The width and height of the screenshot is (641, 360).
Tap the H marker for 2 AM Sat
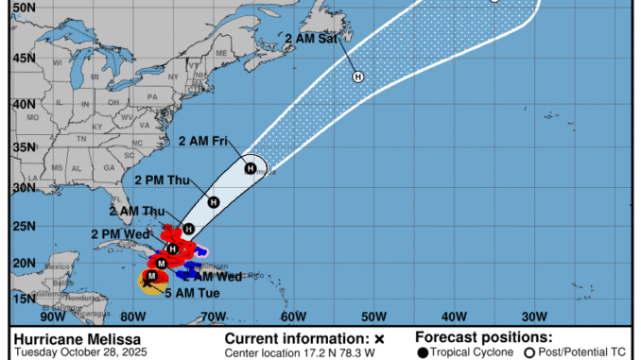pos(358,77)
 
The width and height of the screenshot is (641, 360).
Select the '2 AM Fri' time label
pos(203,142)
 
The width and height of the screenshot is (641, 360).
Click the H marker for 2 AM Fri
pos(251,168)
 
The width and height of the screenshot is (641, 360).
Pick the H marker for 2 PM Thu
pos(214,202)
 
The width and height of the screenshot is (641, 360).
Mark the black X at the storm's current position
pos(147,281)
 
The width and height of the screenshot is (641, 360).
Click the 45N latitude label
pos(23,57)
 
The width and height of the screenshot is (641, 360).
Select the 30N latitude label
pos(23,187)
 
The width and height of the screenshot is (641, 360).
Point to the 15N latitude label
pos(23,298)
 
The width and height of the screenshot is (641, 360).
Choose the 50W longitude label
pos(373,317)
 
